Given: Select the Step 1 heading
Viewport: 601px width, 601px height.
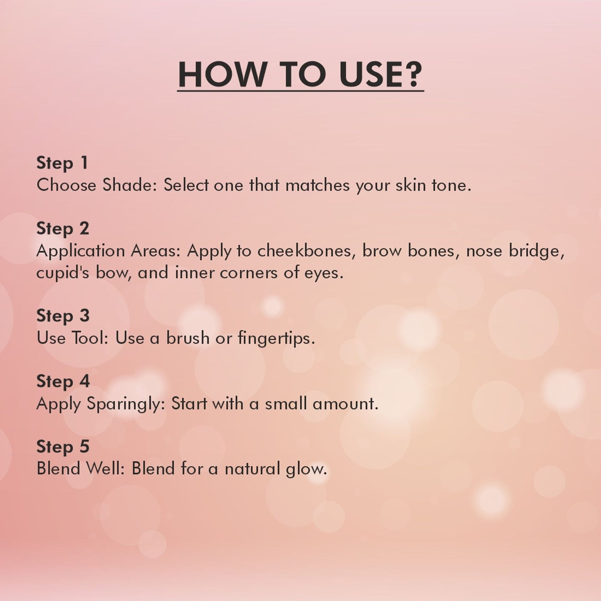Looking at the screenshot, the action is coord(62,163).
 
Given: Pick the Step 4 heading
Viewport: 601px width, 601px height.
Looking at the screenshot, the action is coord(63,381).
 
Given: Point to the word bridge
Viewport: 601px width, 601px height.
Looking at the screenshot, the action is coord(537,251).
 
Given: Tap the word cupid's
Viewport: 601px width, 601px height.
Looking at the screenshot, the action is coord(63,273).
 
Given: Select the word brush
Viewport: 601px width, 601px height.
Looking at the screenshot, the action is coord(188,337).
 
